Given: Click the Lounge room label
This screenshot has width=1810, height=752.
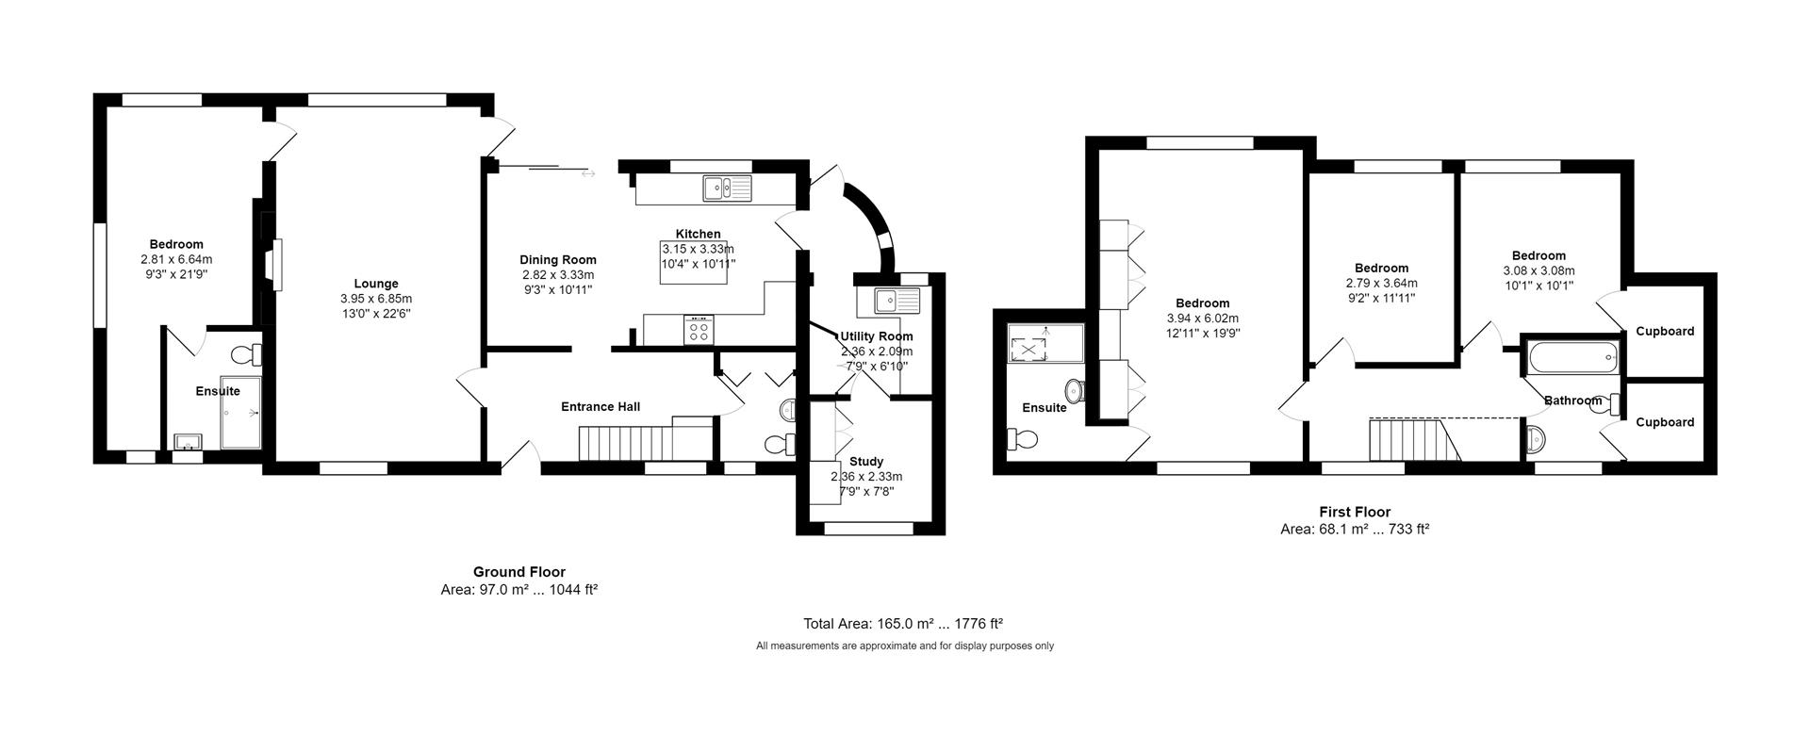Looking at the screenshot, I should [x=376, y=284].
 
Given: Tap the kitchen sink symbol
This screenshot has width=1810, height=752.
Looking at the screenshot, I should [x=727, y=188].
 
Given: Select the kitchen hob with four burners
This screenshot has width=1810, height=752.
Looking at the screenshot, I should [x=699, y=329].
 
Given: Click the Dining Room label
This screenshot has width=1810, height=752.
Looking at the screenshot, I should [x=558, y=260].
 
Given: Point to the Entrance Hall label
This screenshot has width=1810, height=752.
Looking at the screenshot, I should [x=601, y=407].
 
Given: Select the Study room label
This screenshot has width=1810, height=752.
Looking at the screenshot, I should [x=866, y=462].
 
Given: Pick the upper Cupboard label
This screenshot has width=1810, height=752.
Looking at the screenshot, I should [x=1665, y=332].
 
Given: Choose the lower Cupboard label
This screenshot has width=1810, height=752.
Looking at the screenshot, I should [x=1665, y=422].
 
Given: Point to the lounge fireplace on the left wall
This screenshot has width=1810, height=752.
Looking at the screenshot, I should [x=274, y=263].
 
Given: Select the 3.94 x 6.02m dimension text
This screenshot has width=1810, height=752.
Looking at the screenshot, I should [x=1202, y=319].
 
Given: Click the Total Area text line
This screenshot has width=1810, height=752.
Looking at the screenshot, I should [x=902, y=624].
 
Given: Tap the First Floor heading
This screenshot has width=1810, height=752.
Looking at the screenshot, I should [x=1354, y=513].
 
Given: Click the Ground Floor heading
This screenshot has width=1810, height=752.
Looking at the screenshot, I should [x=518, y=572].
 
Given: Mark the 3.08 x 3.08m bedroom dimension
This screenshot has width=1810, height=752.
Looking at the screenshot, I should [x=1538, y=270].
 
